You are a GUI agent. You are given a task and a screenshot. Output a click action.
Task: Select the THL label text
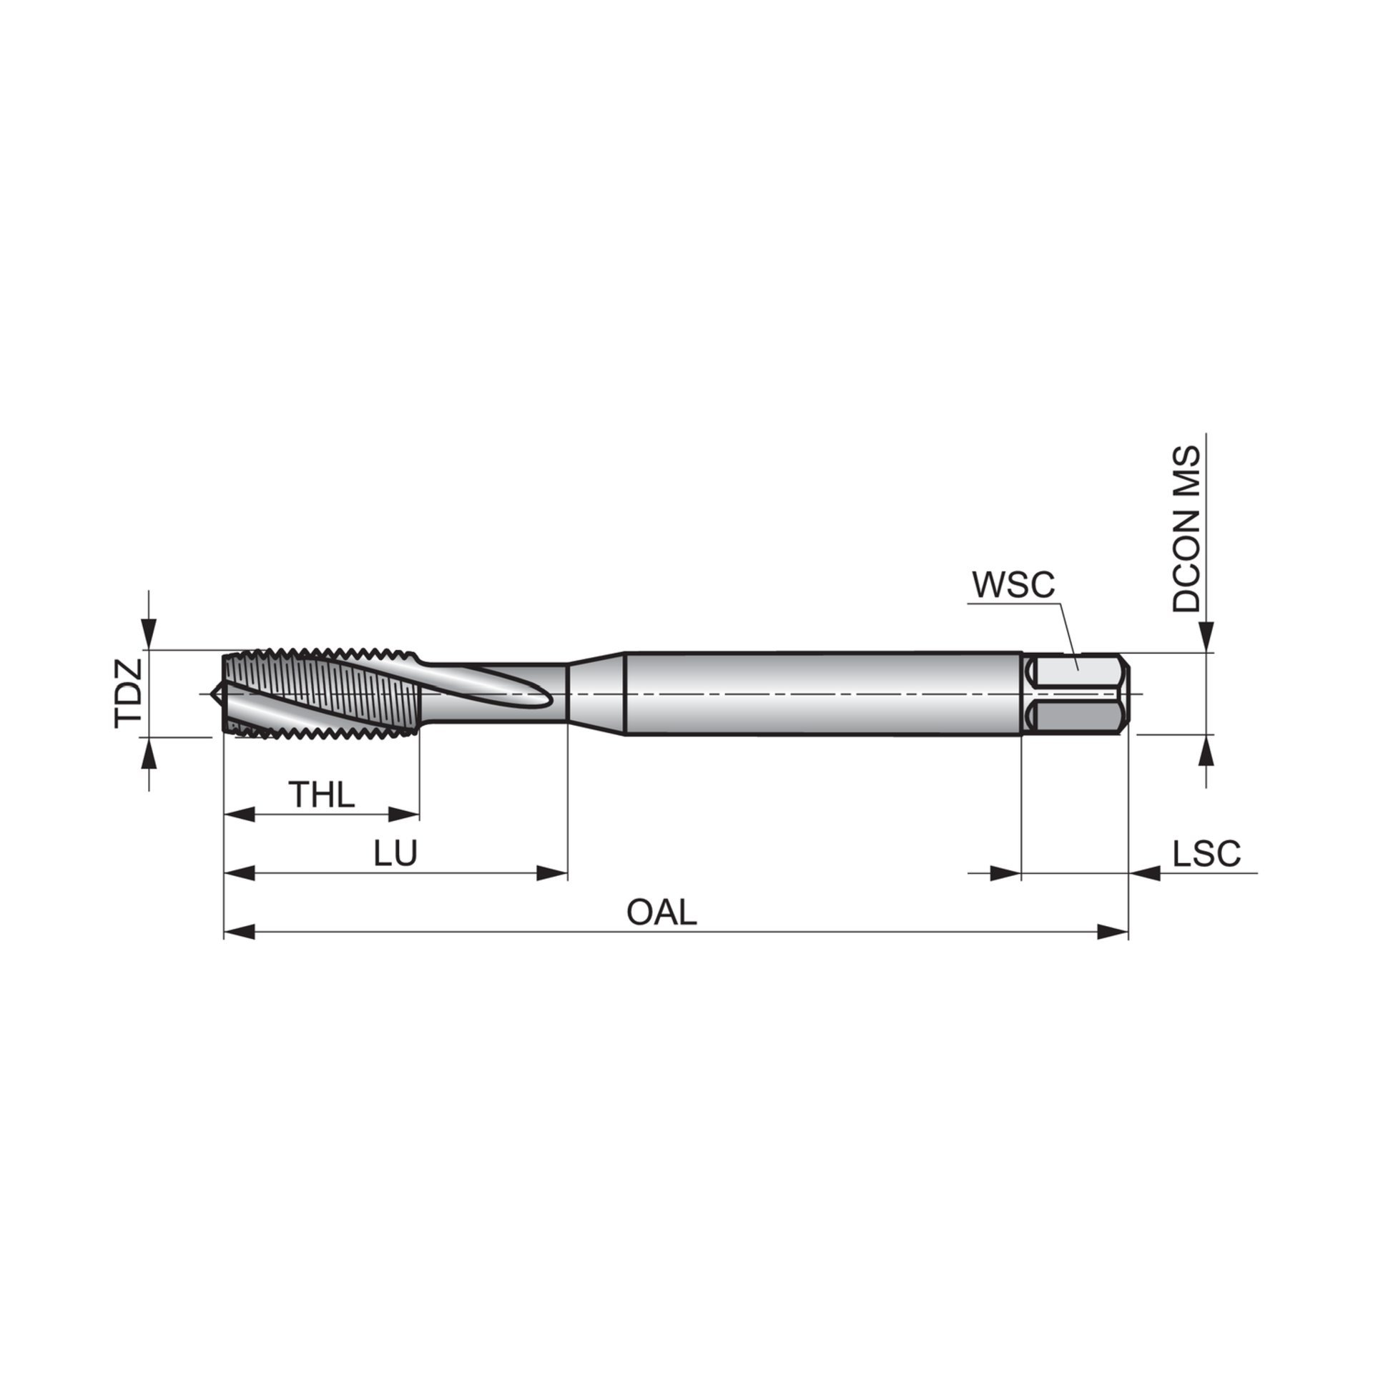321,795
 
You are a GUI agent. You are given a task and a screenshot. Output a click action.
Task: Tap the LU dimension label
396,853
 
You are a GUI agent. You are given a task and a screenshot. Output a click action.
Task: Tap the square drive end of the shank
1076,694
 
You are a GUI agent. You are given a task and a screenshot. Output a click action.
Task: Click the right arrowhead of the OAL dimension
1113,932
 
